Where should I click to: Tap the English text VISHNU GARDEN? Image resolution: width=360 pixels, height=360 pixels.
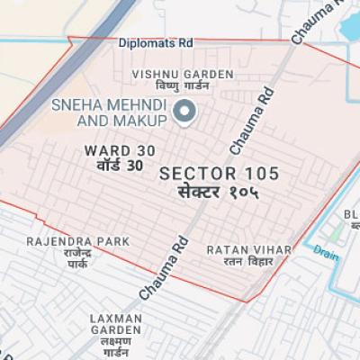point(183,74)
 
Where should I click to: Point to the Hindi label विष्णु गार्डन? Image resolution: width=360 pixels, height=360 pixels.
point(183,86)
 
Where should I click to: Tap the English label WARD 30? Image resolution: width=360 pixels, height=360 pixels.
point(112,151)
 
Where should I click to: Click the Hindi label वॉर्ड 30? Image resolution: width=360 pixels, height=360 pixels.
point(112,166)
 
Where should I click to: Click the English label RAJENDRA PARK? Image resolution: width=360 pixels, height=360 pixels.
point(76,241)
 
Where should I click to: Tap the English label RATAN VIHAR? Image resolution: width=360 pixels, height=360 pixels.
point(236,248)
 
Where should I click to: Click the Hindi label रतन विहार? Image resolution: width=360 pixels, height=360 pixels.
point(236,262)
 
